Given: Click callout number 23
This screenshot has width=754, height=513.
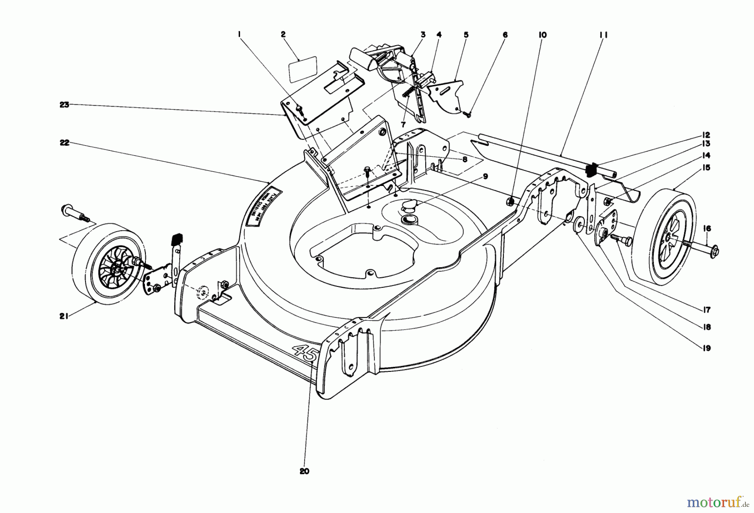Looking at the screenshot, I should tap(64, 105).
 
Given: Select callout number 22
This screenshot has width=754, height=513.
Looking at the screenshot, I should tap(64, 143).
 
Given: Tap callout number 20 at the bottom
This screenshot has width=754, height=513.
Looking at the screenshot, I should tap(305, 471).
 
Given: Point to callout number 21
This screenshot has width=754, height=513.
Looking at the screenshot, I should tap(63, 316).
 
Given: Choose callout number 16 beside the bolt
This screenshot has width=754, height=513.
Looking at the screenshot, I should tap(707, 229).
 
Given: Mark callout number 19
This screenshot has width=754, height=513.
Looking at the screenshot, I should tap(707, 348).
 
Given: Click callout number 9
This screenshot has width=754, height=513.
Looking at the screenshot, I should tap(485, 177).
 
